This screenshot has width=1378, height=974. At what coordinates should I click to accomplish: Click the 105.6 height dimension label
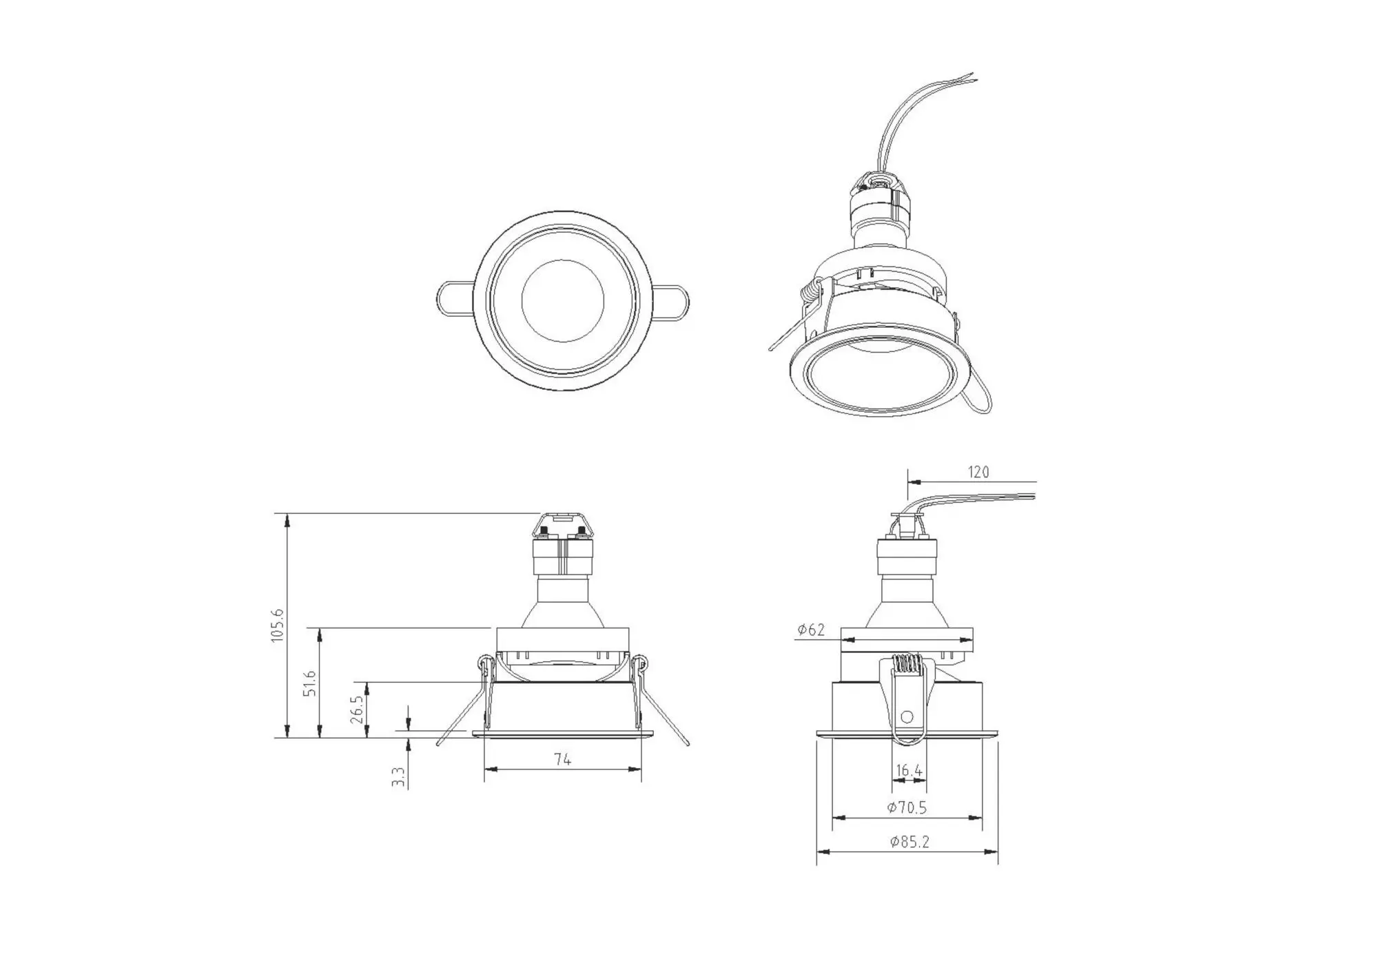[x=277, y=625]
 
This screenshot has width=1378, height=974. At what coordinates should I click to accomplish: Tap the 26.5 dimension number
[x=356, y=709]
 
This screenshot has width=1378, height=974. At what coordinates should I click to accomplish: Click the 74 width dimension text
[x=562, y=759]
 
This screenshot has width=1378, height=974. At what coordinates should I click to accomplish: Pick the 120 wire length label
[x=978, y=472]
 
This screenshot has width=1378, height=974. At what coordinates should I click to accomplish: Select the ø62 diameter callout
[x=811, y=630]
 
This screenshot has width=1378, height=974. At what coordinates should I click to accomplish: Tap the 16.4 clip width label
[x=909, y=771]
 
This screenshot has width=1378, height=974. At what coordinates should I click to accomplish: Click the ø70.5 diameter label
[x=907, y=807]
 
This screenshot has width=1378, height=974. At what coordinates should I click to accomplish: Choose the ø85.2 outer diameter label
[x=909, y=842]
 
